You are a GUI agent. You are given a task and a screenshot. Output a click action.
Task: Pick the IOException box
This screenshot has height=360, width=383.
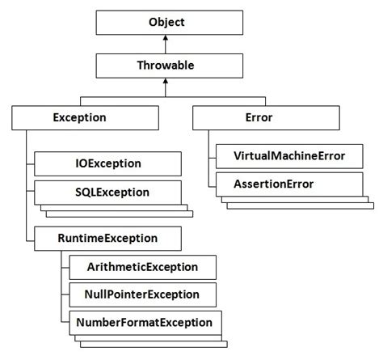point(103,163)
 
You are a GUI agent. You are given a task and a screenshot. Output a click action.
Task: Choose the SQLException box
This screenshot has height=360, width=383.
point(103,193)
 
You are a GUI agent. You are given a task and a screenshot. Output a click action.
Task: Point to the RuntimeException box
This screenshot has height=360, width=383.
point(107,238)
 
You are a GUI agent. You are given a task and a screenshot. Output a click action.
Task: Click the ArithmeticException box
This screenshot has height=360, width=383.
point(142,266)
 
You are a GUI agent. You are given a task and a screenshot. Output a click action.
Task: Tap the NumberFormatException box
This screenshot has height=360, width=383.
point(143,323)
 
